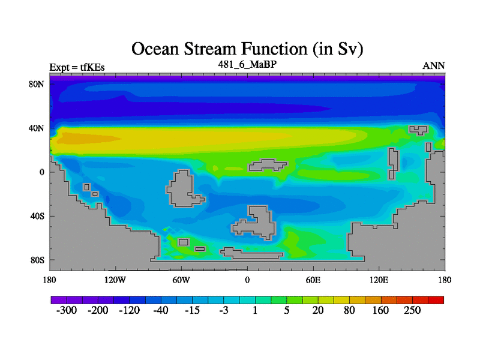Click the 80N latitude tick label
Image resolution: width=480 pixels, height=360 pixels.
(37, 84)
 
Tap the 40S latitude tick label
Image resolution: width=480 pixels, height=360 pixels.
(37, 216)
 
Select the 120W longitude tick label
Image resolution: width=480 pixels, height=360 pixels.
(115, 280)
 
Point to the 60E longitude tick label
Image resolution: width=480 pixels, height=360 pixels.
(313, 280)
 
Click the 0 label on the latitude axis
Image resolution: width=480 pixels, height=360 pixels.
(42, 172)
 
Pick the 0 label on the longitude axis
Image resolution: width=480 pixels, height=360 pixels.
(247, 280)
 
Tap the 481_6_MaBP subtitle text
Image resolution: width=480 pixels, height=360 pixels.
(247, 64)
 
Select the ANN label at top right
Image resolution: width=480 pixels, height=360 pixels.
(433, 66)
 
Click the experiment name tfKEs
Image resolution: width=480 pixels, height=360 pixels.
(92, 67)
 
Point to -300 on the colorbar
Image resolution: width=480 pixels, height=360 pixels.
(67, 310)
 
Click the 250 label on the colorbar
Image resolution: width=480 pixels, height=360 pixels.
(412, 310)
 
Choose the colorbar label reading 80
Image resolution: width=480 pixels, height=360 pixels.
(349, 310)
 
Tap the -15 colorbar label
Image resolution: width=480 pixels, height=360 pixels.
(192, 310)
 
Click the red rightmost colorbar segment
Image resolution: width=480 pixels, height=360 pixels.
(436, 300)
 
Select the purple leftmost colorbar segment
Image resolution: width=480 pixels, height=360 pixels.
(59, 300)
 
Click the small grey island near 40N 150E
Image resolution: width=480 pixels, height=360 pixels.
(418, 130)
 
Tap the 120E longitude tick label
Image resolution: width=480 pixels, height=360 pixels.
(379, 280)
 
